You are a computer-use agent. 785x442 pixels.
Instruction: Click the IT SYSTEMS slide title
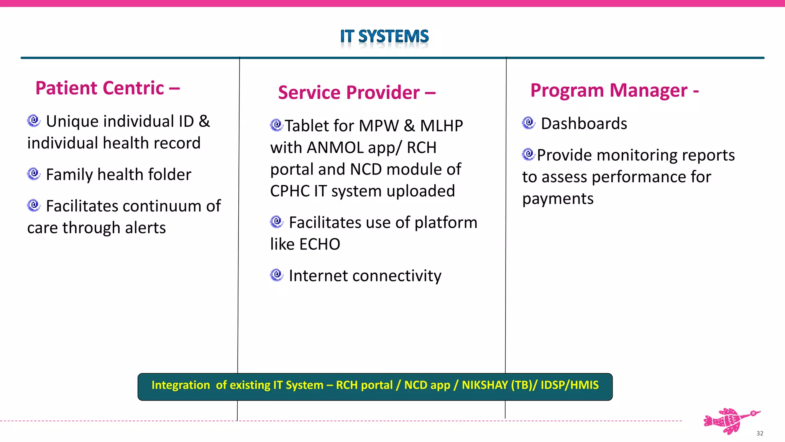[x=384, y=36]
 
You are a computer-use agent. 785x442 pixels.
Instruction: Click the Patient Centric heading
[x=107, y=88]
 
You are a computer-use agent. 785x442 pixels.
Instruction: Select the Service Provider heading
[x=356, y=93]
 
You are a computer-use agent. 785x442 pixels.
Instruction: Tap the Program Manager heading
[x=614, y=91]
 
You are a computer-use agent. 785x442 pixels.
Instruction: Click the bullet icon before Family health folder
[x=34, y=174]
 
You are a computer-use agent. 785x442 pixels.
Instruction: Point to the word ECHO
[x=320, y=244]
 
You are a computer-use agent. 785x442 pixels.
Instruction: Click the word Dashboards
[x=584, y=124]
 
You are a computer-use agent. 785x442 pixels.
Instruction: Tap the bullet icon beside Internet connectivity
[x=276, y=275]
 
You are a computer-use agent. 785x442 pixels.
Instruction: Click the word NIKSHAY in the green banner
[x=485, y=385]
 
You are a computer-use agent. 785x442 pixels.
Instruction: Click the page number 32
[x=760, y=433]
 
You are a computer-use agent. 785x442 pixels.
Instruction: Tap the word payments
[x=558, y=199]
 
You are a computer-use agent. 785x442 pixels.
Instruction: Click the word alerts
[x=145, y=228]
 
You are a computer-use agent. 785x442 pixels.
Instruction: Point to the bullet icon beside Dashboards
[x=529, y=123]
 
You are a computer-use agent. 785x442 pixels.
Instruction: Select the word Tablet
[x=307, y=126]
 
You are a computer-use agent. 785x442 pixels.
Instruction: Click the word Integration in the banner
[x=181, y=385]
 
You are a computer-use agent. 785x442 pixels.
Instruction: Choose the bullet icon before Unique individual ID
[x=34, y=120]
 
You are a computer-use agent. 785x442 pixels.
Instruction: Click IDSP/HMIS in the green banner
[x=570, y=385]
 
